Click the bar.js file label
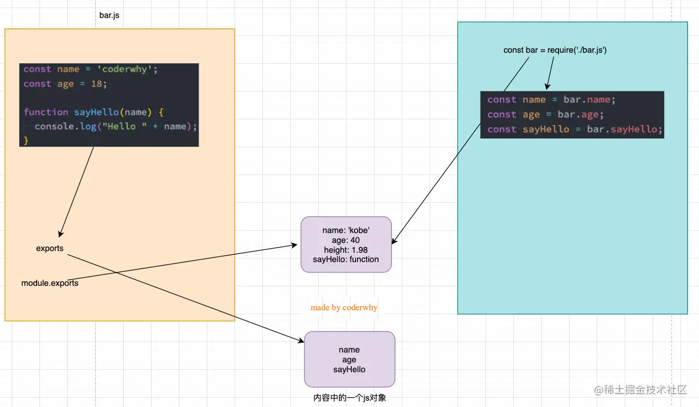[109, 15]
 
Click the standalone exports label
[50, 249]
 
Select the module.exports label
[50, 284]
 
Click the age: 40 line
[346, 241]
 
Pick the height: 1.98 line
[346, 250]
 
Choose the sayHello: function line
[346, 259]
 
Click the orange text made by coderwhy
[344, 308]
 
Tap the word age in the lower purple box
[349, 359]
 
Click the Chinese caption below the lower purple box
[349, 398]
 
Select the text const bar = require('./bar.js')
[555, 50]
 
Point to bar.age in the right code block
[581, 115]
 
